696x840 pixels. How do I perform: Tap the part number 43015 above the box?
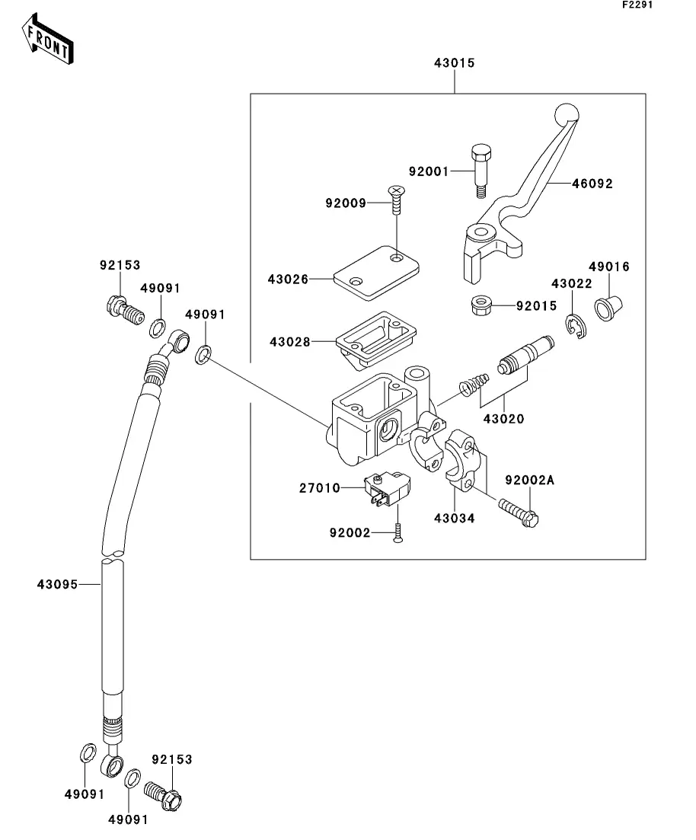click(x=455, y=63)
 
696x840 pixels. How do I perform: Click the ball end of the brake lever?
click(x=567, y=113)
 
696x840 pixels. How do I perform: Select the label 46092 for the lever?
click(x=592, y=184)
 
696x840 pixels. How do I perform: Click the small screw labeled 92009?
click(x=397, y=200)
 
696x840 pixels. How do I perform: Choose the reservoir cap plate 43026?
click(x=376, y=273)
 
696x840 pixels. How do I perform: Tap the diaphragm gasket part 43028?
click(x=376, y=339)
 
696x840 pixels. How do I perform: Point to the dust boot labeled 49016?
click(x=608, y=308)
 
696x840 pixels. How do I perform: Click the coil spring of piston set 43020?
click(x=474, y=384)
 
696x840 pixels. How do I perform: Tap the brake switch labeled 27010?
click(x=387, y=489)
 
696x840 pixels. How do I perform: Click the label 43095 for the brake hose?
click(x=57, y=584)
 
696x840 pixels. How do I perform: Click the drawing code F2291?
click(x=637, y=5)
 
